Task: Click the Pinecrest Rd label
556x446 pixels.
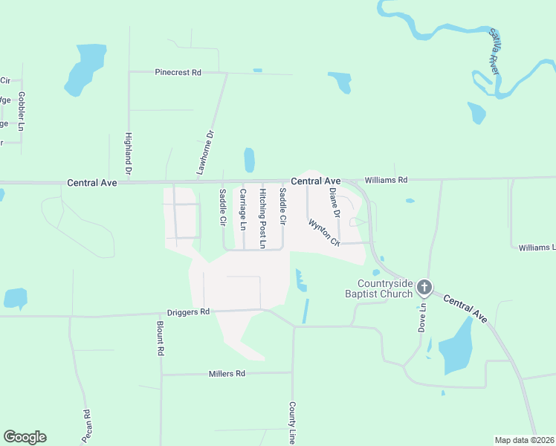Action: click(178, 72)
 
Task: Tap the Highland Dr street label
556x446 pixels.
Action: click(129, 154)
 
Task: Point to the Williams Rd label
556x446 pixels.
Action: click(386, 180)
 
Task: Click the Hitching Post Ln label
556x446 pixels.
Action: click(262, 218)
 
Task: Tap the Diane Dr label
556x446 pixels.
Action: click(334, 202)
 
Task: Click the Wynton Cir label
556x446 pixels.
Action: click(324, 232)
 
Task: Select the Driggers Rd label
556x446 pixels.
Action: click(189, 312)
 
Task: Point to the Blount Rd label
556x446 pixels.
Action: click(160, 337)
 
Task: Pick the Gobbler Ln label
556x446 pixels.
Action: click(22, 111)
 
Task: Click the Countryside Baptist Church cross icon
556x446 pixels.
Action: click(424, 287)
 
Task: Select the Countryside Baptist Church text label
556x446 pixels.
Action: click(384, 288)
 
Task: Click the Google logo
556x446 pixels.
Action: click(25, 437)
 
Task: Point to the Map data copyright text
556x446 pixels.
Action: click(525, 440)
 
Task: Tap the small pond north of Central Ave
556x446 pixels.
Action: click(249, 159)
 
